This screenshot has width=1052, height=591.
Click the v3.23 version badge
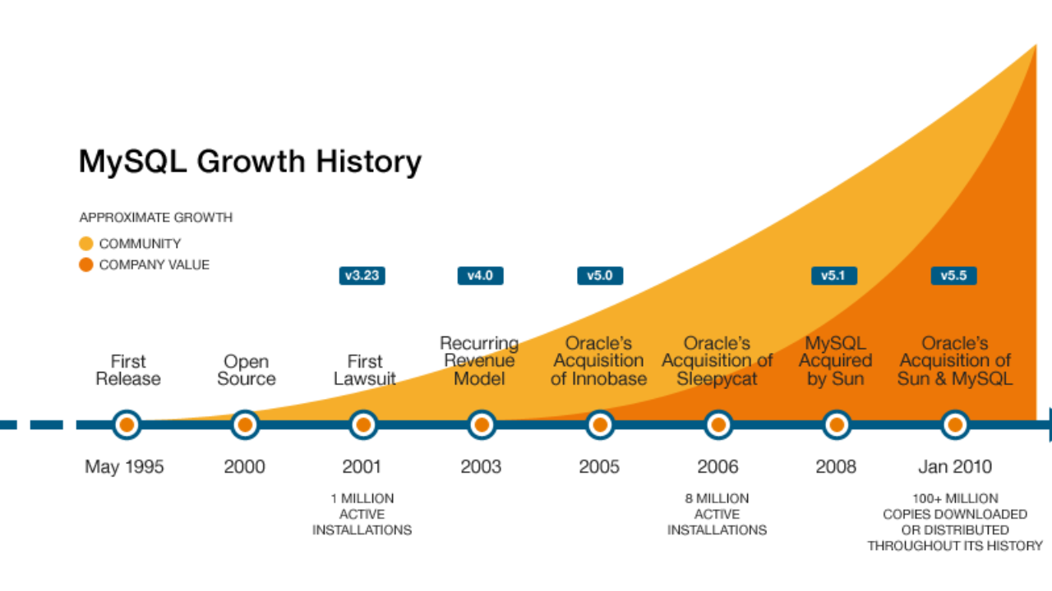point(362,275)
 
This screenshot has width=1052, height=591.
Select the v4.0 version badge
point(481,275)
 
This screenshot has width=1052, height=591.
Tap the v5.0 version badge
point(600,275)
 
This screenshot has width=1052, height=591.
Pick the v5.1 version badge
point(834,275)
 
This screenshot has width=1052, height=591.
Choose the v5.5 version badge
point(954,275)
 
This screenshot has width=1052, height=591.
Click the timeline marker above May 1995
point(127,425)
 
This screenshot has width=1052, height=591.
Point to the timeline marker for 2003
point(482,425)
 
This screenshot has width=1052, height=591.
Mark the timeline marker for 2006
point(718,425)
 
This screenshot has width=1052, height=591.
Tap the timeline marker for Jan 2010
point(955,425)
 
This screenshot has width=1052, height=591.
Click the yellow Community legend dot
point(86,244)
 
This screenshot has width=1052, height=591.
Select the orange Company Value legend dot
point(86,265)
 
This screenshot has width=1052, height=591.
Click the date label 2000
point(244,467)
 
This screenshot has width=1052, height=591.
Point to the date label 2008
point(836,467)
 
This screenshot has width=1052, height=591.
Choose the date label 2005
point(599,467)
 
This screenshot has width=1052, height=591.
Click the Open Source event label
point(246,370)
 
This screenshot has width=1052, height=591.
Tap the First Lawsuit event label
point(365,370)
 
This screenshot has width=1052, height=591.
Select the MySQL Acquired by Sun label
point(836,360)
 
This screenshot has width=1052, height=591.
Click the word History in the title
point(369,162)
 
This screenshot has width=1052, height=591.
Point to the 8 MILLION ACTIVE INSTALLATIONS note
point(717,514)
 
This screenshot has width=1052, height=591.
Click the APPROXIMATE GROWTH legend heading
point(156,218)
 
